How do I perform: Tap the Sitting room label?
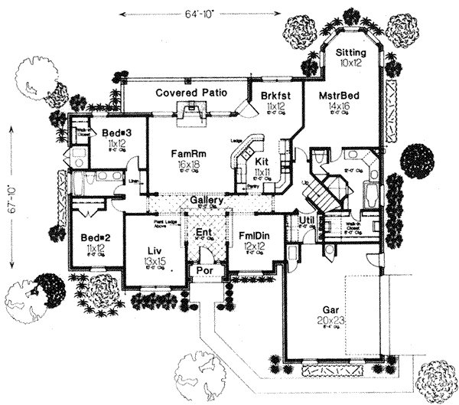[x=353, y=52]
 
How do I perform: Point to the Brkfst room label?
[x=272, y=96]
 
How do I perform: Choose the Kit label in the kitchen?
[x=262, y=162]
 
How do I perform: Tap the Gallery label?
[x=206, y=201]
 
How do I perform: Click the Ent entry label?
[x=203, y=232]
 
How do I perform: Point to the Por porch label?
[x=203, y=270]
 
